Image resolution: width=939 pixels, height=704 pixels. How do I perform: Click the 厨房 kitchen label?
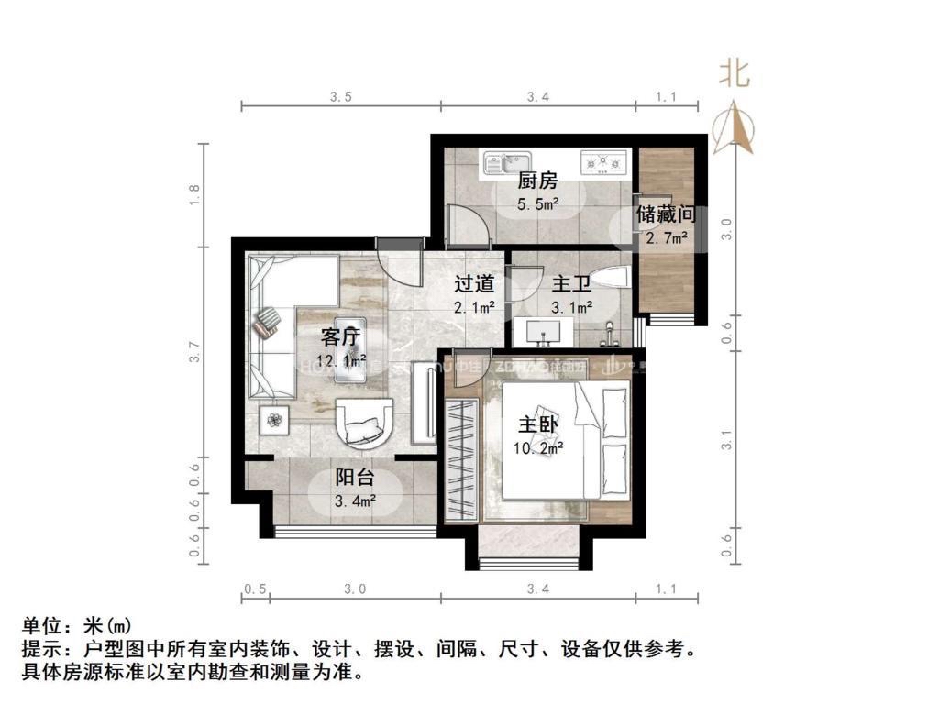click(x=537, y=181)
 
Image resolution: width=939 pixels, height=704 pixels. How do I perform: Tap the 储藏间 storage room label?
click(x=665, y=215)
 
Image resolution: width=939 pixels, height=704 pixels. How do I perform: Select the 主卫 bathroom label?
click(x=570, y=283)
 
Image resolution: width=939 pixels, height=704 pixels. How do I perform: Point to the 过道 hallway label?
click(x=475, y=283)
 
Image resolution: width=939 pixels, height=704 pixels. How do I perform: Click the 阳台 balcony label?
click(x=354, y=478)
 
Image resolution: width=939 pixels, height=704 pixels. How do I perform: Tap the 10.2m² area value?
click(x=539, y=448)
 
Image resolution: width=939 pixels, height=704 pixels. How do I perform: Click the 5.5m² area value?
click(x=537, y=203)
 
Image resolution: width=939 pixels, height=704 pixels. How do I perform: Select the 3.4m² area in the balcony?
click(x=354, y=500)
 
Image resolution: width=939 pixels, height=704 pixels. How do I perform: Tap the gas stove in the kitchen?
click(x=602, y=163)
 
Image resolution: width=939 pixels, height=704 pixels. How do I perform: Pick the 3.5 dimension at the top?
click(x=341, y=96)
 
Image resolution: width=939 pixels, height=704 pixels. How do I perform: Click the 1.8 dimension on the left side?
click(x=193, y=195)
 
